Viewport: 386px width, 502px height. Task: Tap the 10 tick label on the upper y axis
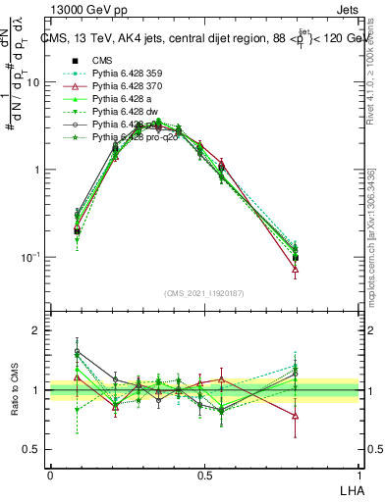click(x=33, y=82)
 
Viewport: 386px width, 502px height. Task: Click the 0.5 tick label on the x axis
click(x=203, y=475)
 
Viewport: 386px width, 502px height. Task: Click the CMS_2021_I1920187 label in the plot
click(x=204, y=293)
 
